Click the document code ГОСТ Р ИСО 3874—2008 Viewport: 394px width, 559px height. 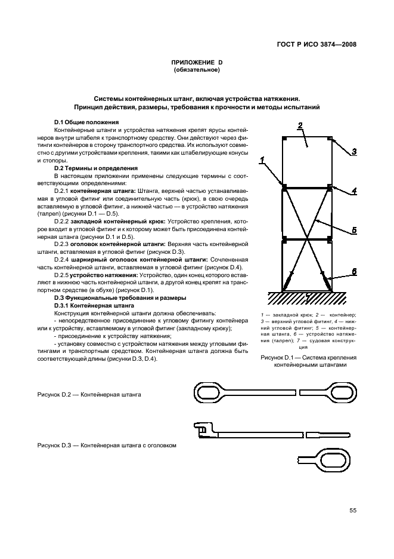tap(314, 44)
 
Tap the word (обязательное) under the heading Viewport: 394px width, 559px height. tap(197, 70)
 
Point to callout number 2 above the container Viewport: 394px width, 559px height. tap(301, 125)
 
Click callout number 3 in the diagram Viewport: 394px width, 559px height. tap(353, 152)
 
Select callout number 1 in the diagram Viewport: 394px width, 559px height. tap(261, 160)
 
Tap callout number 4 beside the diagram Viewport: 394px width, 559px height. tap(353, 191)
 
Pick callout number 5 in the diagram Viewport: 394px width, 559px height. tap(353, 229)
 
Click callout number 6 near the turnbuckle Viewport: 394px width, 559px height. tap(353, 271)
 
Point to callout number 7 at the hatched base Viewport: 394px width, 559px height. tap(308, 297)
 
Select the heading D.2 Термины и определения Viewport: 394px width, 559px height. tap(96, 168)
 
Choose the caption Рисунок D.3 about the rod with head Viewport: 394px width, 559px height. tap(107, 445)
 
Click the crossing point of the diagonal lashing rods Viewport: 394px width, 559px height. tap(307, 239)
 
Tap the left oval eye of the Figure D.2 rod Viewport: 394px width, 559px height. tap(209, 393)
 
